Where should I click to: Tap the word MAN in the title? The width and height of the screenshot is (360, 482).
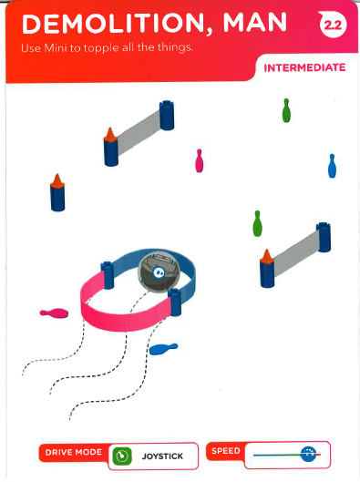pyautogui.click(x=255, y=23)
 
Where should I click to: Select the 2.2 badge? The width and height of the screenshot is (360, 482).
pyautogui.click(x=333, y=25)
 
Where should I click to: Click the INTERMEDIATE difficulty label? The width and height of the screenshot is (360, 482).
pyautogui.click(x=304, y=67)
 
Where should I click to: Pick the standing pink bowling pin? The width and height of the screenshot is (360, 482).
pyautogui.click(x=200, y=160)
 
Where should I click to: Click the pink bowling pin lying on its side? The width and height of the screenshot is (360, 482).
pyautogui.click(x=54, y=313)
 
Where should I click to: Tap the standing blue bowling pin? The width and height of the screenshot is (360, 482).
pyautogui.click(x=332, y=166)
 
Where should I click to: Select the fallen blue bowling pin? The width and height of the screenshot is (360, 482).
pyautogui.click(x=163, y=349)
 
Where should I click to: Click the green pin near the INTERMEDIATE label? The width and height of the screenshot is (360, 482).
pyautogui.click(x=286, y=110)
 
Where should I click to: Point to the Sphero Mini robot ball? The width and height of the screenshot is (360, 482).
pyautogui.click(x=159, y=272)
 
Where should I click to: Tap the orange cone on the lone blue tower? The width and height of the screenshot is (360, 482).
pyautogui.click(x=57, y=180)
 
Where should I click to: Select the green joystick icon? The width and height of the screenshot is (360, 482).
pyautogui.click(x=122, y=456)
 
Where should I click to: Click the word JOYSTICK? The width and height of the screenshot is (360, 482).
pyautogui.click(x=162, y=456)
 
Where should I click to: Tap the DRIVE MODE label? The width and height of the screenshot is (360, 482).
pyautogui.click(x=74, y=453)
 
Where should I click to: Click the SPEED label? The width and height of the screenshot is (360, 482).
pyautogui.click(x=226, y=451)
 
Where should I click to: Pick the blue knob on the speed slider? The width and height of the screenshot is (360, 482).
pyautogui.click(x=308, y=454)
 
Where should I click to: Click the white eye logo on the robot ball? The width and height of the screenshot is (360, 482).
pyautogui.click(x=159, y=272)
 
